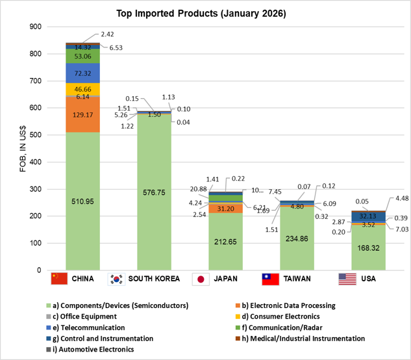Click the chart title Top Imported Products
pyautogui.click(x=205, y=13)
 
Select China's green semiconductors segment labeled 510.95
pyautogui.click(x=82, y=201)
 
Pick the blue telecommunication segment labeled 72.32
pyautogui.click(x=82, y=73)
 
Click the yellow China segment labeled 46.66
pyautogui.click(x=82, y=89)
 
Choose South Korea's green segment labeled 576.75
pyautogui.click(x=154, y=192)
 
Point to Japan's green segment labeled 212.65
pyautogui.click(x=225, y=242)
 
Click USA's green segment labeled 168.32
pyautogui.click(x=368, y=248)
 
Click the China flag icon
pyautogui.click(x=59, y=279)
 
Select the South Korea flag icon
pyautogui.click(x=118, y=279)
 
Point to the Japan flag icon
pyautogui.click(x=201, y=279)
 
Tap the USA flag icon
pyautogui.click(x=347, y=279)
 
